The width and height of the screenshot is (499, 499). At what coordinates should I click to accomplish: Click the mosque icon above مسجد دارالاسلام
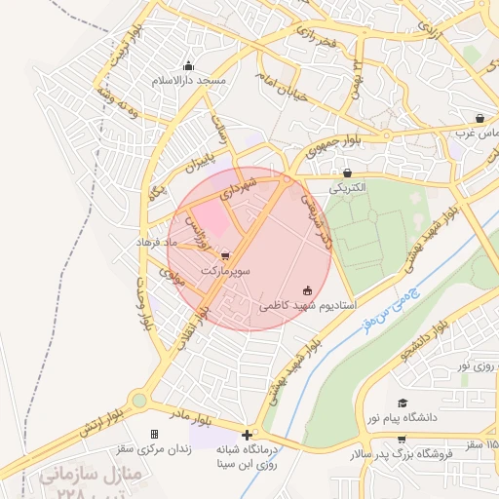pos(188,66)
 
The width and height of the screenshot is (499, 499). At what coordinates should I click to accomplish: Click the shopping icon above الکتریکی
pos(348,173)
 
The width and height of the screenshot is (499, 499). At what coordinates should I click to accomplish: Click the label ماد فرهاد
pos(158,241)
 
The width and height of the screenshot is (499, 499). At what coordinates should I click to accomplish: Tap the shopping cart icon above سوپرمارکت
pos(226,255)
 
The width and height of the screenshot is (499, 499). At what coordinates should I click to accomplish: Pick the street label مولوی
pos(172,277)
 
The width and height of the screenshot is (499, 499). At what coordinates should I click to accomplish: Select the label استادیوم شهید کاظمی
pos(307,305)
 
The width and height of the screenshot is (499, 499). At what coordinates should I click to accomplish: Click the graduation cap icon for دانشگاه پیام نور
pos(403,403)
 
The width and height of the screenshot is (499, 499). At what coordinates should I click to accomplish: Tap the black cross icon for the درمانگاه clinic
pos(248,435)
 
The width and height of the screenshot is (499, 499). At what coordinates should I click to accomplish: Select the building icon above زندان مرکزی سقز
pos(153,434)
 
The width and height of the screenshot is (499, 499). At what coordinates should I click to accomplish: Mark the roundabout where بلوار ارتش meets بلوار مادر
pos(138,400)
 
